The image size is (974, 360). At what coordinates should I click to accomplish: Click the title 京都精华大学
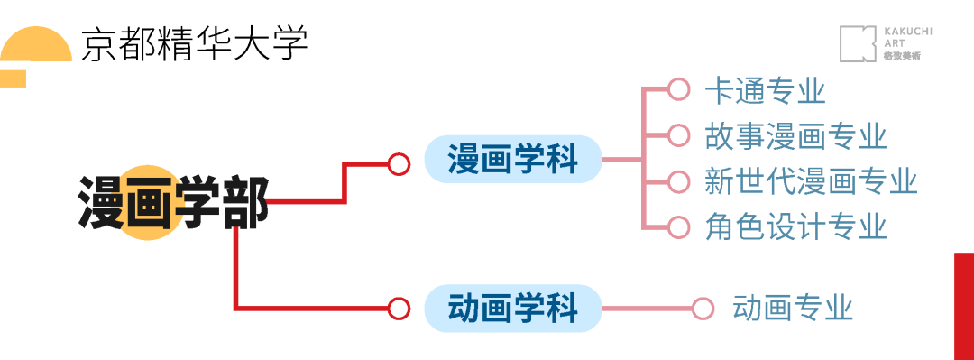click(195, 42)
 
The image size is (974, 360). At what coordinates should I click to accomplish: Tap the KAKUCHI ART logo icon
click(859, 43)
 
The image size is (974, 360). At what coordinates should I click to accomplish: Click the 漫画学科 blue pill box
click(512, 161)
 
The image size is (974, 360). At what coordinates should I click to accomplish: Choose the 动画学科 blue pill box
click(512, 309)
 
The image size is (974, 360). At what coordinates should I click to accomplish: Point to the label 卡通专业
click(766, 90)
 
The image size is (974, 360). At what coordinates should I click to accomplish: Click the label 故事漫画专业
click(796, 135)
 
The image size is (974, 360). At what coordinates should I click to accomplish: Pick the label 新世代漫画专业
click(811, 180)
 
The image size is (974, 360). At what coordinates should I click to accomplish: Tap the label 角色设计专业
click(796, 226)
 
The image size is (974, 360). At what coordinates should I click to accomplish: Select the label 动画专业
click(793, 308)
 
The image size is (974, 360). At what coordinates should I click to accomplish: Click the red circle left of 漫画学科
click(399, 163)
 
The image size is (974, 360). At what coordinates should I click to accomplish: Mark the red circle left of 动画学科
click(399, 309)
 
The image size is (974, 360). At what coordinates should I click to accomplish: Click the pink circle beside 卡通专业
click(678, 89)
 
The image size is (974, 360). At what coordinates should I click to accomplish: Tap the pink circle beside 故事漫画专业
click(678, 135)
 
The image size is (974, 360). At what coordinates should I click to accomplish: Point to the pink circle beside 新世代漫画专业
click(678, 180)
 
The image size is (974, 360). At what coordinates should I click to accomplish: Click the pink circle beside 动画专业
click(703, 309)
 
